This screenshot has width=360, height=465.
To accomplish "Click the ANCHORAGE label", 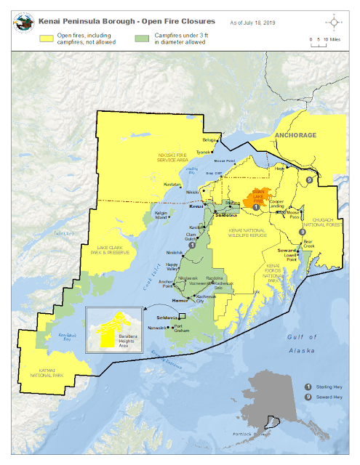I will (x=295, y=136).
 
